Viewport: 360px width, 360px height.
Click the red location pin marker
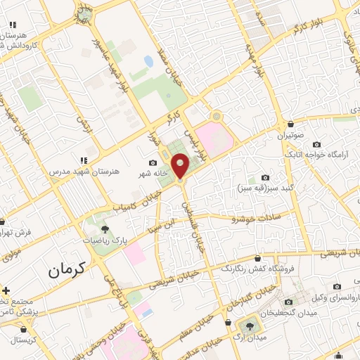(181, 166)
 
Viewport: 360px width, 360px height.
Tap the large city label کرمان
(67, 268)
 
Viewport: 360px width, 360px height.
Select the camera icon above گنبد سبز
(265, 178)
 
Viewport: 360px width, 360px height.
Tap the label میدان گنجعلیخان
(285, 312)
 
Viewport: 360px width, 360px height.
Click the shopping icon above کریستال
(25, 328)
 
